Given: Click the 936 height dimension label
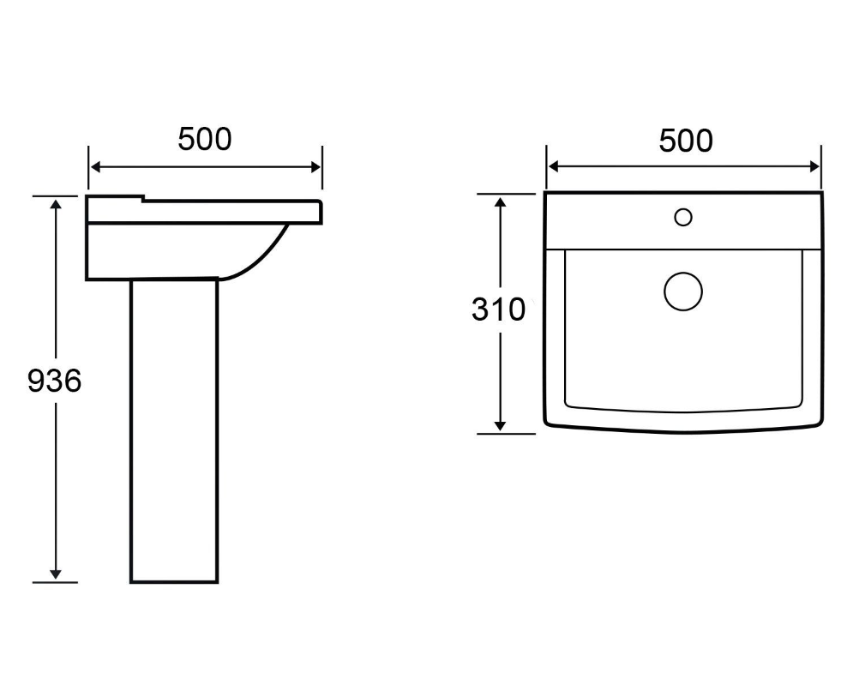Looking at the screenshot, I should point(55,380).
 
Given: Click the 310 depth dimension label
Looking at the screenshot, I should point(498,309).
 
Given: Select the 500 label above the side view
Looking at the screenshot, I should point(205,138).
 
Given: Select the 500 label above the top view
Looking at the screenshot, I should point(686,140).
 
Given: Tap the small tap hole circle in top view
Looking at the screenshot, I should point(682,217).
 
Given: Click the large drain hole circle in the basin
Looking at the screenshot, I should point(682,291).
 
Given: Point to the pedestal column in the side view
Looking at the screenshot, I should point(174,429).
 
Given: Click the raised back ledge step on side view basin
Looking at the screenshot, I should point(142,201).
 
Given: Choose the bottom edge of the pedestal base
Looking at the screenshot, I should point(174,582).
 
